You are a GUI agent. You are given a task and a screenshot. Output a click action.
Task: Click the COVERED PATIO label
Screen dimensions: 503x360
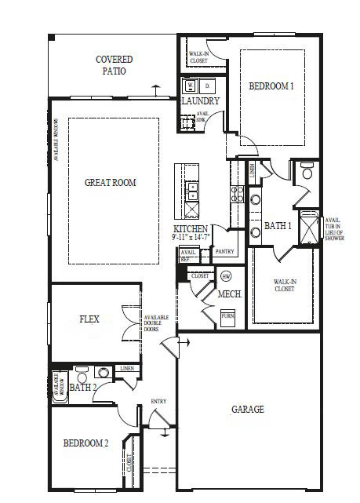click(114, 65)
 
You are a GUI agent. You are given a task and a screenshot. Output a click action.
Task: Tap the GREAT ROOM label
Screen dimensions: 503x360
click(110, 183)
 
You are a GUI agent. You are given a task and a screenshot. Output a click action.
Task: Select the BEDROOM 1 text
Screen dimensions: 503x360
click(271, 86)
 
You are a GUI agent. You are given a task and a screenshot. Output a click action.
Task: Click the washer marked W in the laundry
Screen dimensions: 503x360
click(190, 86)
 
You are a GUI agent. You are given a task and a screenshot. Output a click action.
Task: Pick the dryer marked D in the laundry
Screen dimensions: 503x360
click(207, 86)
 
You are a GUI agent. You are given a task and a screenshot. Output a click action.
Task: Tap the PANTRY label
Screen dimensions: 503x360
click(225, 252)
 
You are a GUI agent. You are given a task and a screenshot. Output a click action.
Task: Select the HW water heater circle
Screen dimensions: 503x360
click(227, 276)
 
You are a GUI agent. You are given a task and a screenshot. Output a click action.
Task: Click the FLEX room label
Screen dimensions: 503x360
click(89, 319)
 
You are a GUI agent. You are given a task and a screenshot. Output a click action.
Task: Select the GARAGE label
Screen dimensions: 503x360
click(247, 410)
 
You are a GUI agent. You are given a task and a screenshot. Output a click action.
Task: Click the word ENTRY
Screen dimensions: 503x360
click(158, 402)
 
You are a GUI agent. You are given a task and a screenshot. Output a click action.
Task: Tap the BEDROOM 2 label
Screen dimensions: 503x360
click(85, 443)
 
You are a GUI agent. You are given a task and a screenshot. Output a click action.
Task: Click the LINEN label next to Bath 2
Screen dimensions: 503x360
click(127, 368)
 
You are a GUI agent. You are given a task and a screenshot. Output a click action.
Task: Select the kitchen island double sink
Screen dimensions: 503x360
click(191, 189)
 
